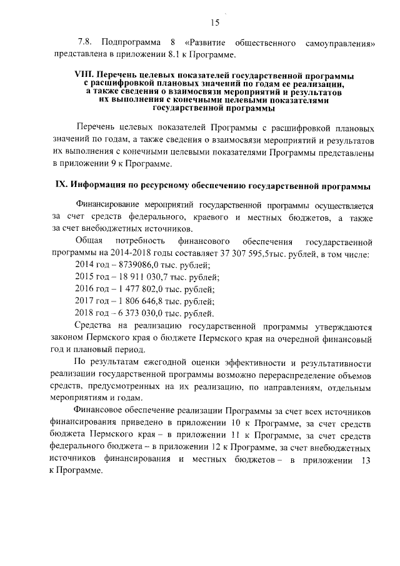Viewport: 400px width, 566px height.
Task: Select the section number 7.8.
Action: point(84,43)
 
